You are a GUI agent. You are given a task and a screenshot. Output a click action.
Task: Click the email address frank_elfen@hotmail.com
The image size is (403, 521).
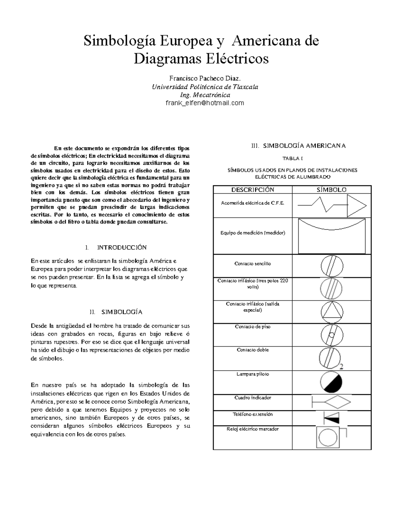(x=205, y=103)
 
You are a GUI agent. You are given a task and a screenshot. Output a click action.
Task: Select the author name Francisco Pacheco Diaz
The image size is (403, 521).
(x=205, y=79)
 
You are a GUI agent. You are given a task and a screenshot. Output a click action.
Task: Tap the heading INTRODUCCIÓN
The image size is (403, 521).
(x=122, y=248)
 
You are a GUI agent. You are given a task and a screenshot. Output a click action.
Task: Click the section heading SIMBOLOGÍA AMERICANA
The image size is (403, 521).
(x=304, y=146)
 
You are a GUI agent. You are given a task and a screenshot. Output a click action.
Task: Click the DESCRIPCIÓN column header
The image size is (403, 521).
(x=253, y=190)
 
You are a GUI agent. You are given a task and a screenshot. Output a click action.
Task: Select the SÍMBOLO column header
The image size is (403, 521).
(x=331, y=190)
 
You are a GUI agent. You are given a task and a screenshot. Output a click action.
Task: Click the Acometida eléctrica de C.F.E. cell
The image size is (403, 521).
(x=253, y=203)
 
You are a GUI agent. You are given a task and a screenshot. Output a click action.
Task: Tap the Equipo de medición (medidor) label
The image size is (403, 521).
(x=253, y=232)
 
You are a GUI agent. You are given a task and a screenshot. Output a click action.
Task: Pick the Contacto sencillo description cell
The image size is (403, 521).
(x=253, y=264)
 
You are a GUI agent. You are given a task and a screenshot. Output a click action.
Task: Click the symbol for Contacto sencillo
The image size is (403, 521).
(x=332, y=266)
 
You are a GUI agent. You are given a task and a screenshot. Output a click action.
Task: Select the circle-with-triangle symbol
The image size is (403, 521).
(x=332, y=312)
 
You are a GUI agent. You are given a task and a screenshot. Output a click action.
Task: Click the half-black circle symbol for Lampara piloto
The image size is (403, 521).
(x=331, y=382)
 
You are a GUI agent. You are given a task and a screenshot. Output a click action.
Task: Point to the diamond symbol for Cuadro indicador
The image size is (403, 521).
(x=338, y=402)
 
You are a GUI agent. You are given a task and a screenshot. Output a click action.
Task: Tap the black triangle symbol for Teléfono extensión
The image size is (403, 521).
(x=331, y=418)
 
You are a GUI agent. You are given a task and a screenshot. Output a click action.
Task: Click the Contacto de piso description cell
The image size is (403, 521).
(x=253, y=327)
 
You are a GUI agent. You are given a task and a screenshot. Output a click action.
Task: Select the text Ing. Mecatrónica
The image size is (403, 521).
(x=205, y=95)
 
